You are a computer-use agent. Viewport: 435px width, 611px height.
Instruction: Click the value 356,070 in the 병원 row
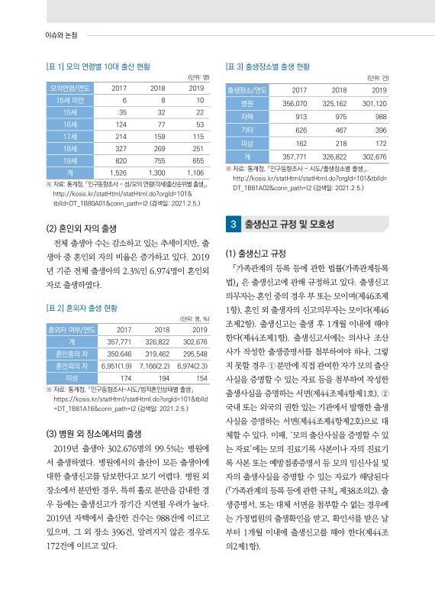(x=295, y=103)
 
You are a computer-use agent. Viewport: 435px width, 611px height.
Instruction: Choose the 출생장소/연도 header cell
(x=246, y=90)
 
